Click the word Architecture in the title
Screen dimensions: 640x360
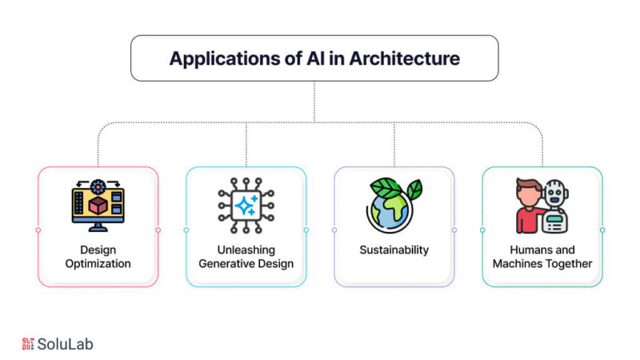[x=405, y=58]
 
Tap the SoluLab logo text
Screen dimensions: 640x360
[x=66, y=344]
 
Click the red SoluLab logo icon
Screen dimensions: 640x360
[x=28, y=344]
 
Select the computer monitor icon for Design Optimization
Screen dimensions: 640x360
[x=98, y=206]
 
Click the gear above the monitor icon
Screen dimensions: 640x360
[x=98, y=187]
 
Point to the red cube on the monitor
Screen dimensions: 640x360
[x=98, y=206]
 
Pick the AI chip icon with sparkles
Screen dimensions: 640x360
[x=246, y=206]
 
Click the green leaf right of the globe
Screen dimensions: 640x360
[x=414, y=190]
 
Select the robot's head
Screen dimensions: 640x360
[x=554, y=193]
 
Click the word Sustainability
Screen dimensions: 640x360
[x=394, y=250]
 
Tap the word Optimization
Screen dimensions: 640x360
[x=98, y=264]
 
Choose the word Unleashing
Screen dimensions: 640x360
[x=246, y=250]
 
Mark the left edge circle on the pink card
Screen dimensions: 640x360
[x=38, y=230]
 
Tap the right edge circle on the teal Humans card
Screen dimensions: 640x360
[x=602, y=230]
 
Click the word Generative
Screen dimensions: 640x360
[x=224, y=264]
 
